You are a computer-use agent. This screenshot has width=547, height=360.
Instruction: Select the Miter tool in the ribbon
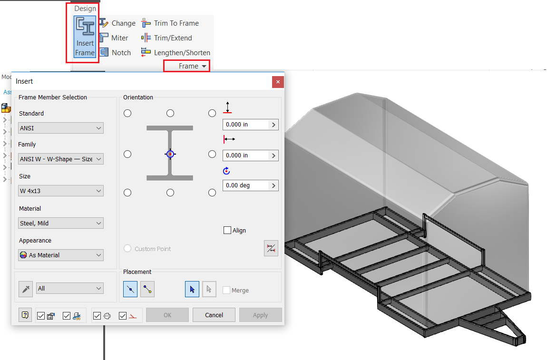pos(114,38)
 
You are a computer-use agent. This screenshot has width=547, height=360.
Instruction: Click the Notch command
pos(115,53)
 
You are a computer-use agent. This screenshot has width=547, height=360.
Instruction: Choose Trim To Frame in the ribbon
pos(170,23)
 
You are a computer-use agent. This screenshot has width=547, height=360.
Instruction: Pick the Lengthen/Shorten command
pos(176,53)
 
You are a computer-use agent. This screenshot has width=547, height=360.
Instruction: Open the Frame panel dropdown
pos(192,66)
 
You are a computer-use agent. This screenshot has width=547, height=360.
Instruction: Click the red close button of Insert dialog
pos(278,82)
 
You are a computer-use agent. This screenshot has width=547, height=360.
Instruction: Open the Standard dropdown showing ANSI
pos(61,128)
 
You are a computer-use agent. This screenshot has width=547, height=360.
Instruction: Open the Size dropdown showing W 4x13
pos(61,191)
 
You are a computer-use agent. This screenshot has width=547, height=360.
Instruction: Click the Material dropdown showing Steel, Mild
pos(61,223)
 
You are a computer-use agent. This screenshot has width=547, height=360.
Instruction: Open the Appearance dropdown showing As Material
pos(61,255)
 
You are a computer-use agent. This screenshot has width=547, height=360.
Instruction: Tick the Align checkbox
pos(227,230)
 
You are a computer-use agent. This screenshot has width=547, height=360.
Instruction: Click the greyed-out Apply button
pos(260,315)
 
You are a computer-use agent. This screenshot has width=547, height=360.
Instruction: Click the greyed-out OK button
pos(167,315)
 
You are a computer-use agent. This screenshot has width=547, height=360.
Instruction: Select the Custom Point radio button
pos(127,249)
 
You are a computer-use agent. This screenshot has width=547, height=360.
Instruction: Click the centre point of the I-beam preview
pos(170,154)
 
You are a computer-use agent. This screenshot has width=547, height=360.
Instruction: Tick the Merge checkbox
pos(226,290)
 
